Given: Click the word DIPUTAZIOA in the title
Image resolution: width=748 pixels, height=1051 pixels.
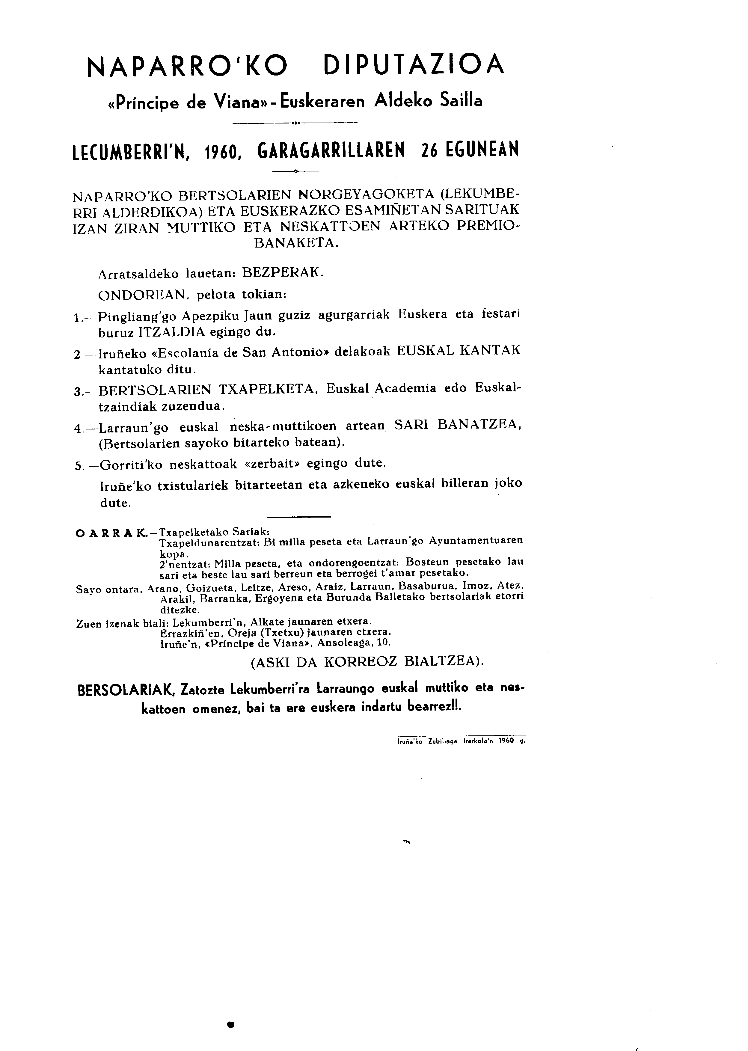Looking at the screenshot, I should tap(414, 66).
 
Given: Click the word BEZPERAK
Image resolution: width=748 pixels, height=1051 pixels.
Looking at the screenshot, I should tap(282, 272).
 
